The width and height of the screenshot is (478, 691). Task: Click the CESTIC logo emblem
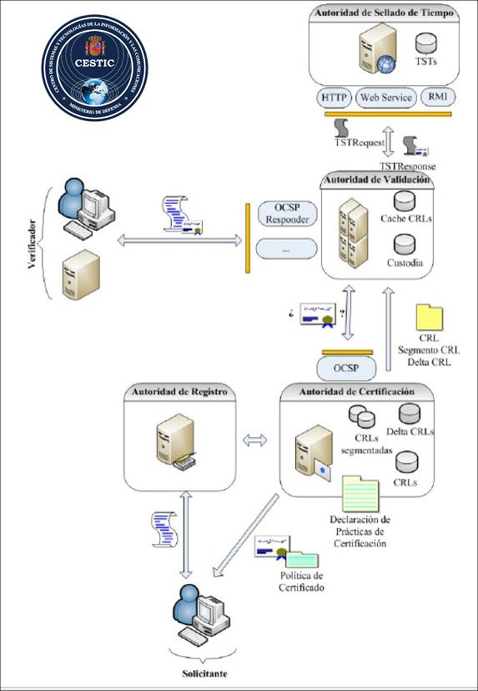click(x=94, y=67)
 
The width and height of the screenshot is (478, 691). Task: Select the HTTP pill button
click(x=333, y=98)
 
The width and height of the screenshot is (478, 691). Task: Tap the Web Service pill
click(x=386, y=98)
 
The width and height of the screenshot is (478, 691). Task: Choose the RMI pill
click(x=438, y=97)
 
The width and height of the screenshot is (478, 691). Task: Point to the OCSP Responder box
click(x=287, y=214)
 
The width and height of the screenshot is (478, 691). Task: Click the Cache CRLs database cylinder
click(x=404, y=201)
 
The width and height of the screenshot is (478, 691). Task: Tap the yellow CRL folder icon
click(x=429, y=317)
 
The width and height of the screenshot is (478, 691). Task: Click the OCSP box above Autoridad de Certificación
click(x=346, y=368)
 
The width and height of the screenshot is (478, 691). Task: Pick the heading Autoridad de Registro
click(x=180, y=392)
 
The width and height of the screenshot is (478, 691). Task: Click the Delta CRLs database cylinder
click(x=409, y=414)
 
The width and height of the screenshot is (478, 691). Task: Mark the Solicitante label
click(x=205, y=674)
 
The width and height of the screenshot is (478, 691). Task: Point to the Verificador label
click(x=32, y=244)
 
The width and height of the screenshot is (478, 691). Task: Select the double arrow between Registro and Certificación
click(x=255, y=440)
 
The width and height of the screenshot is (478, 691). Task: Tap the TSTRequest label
click(x=359, y=143)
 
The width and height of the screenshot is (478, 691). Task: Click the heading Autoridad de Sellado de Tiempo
click(x=384, y=13)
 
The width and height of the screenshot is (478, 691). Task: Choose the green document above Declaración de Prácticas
click(x=360, y=493)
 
